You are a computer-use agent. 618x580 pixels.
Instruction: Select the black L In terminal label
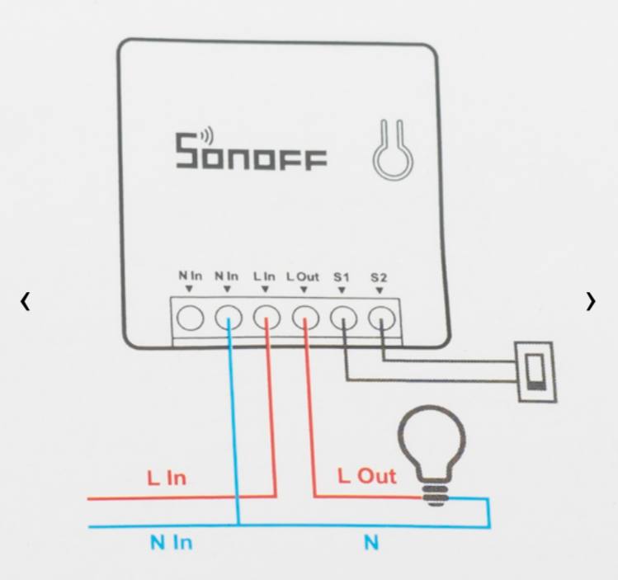pyautogui.click(x=264, y=276)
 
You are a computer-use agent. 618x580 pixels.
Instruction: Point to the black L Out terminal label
pyautogui.click(x=303, y=276)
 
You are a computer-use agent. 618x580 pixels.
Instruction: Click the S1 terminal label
pyautogui.click(x=342, y=277)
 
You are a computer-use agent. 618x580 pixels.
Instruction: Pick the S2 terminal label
pyautogui.click(x=379, y=277)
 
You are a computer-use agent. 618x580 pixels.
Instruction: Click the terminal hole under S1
pyautogui.click(x=343, y=316)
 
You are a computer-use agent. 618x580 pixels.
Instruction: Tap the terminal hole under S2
pyautogui.click(x=381, y=316)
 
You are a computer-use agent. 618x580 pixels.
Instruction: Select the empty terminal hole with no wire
pyautogui.click(x=191, y=316)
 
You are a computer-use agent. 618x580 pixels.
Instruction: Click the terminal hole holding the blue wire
pyautogui.click(x=229, y=316)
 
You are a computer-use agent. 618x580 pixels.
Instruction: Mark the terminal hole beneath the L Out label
pyautogui.click(x=305, y=316)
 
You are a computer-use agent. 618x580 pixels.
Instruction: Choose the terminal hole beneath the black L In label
pyautogui.click(x=267, y=316)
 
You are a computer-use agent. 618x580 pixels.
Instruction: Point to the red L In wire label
pyautogui.click(x=167, y=478)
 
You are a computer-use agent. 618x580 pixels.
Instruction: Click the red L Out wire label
pyautogui.click(x=367, y=476)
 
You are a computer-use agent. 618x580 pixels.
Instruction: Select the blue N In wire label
pyautogui.click(x=171, y=543)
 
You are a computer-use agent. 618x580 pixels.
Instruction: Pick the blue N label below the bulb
pyautogui.click(x=371, y=543)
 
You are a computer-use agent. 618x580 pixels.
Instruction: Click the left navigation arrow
pyautogui.click(x=26, y=302)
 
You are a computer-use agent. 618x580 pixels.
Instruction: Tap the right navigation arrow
pyautogui.click(x=591, y=302)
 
